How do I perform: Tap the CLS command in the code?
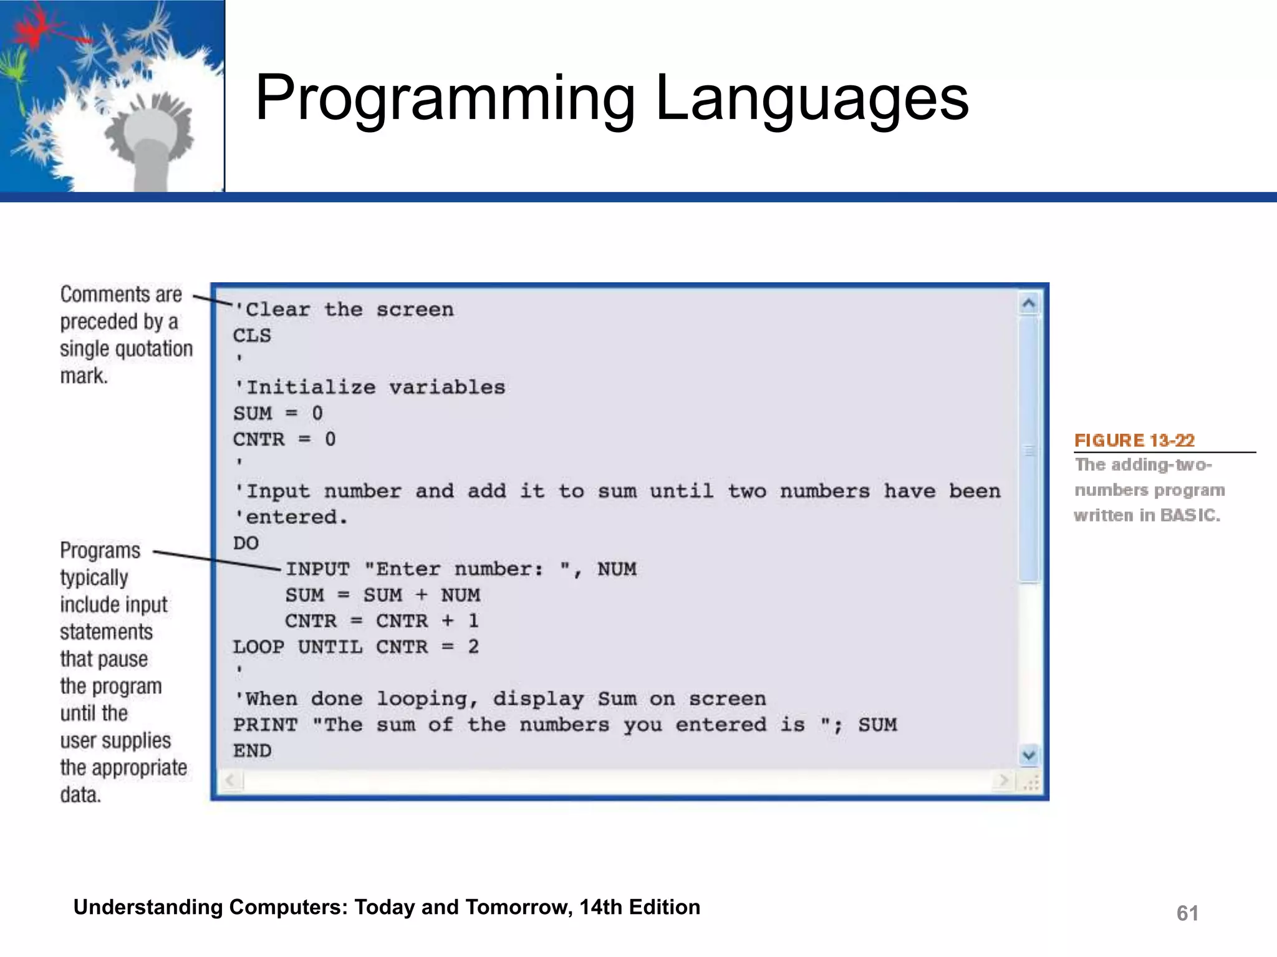(x=252, y=336)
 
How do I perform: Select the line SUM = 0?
(x=278, y=414)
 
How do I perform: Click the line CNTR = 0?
(x=284, y=440)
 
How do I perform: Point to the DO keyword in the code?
(x=246, y=543)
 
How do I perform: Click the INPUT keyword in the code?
(x=317, y=569)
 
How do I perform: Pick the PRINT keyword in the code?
(x=265, y=725)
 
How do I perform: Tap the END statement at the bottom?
(x=252, y=751)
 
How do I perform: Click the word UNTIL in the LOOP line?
(x=330, y=647)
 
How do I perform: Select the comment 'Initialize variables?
(x=370, y=388)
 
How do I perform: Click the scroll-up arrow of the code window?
(x=1029, y=304)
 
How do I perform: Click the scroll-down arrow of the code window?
(x=1029, y=756)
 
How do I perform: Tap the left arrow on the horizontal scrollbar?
(x=231, y=780)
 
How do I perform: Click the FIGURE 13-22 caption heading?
(x=1134, y=440)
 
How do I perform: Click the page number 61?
(x=1187, y=913)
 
